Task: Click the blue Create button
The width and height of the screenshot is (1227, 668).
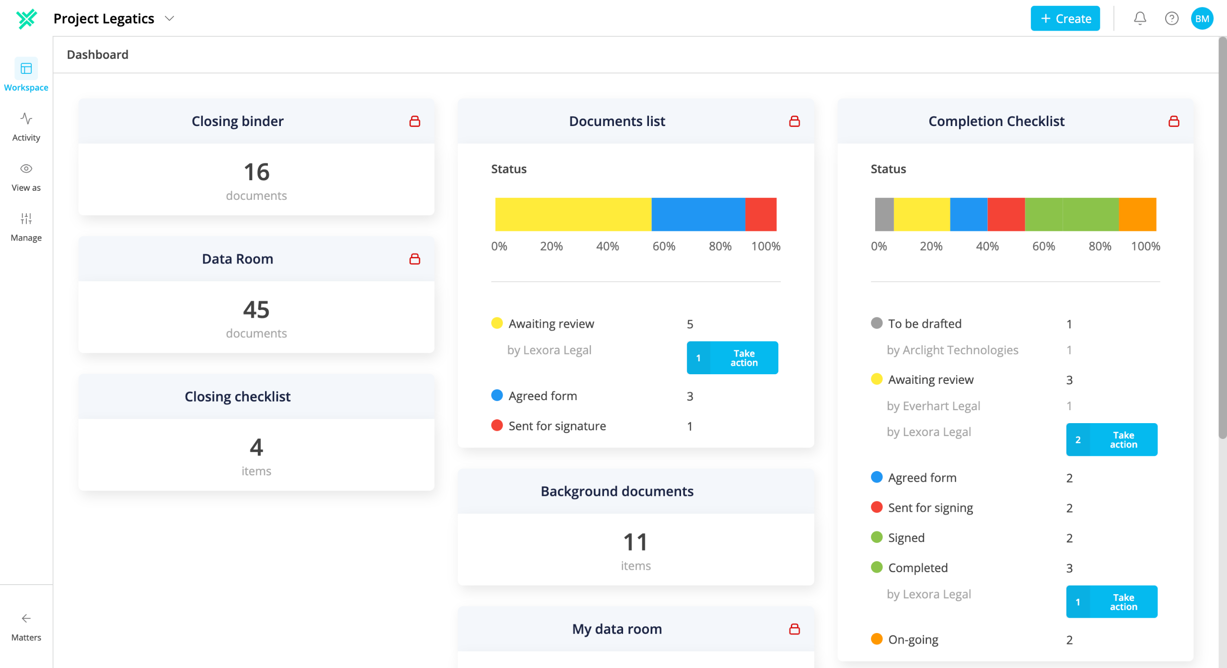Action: point(1065,19)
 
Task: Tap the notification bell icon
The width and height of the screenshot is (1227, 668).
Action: point(1140,19)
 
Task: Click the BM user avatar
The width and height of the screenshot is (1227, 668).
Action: point(1202,19)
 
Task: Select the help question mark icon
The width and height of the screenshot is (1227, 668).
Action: point(1171,19)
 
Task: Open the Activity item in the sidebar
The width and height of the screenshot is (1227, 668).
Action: point(26,127)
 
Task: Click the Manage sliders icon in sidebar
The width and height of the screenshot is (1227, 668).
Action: point(26,219)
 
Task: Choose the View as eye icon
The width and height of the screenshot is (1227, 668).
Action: point(26,169)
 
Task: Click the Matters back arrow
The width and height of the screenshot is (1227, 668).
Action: point(26,618)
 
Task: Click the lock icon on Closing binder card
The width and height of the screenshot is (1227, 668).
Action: point(415,121)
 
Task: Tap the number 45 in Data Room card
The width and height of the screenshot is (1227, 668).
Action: point(256,310)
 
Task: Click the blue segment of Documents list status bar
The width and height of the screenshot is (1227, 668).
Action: point(698,214)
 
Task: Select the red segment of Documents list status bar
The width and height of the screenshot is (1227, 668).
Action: point(761,214)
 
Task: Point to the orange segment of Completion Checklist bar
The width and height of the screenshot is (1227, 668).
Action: point(1138,214)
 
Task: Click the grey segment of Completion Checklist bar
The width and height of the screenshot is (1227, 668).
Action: point(884,214)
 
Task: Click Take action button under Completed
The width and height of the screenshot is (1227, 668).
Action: point(1111,602)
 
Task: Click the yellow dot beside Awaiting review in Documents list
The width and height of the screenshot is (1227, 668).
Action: point(497,323)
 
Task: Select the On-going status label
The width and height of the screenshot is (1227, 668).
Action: point(913,640)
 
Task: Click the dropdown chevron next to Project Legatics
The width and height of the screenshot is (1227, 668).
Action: point(169,19)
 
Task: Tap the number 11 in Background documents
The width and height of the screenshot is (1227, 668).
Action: point(636,542)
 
